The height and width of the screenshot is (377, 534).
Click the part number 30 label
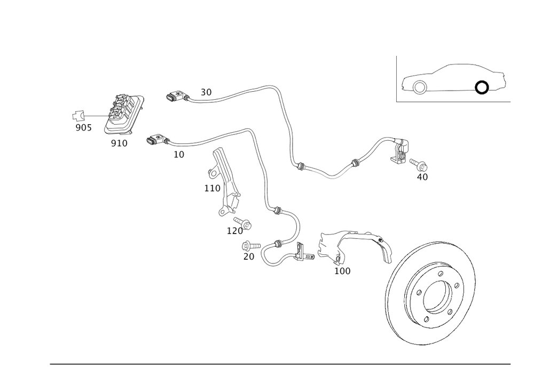206,92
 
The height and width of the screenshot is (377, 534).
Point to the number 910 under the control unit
119,143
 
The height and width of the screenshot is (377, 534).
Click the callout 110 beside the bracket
212,188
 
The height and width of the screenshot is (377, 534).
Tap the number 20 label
249,257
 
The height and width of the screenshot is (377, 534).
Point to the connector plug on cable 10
155,140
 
